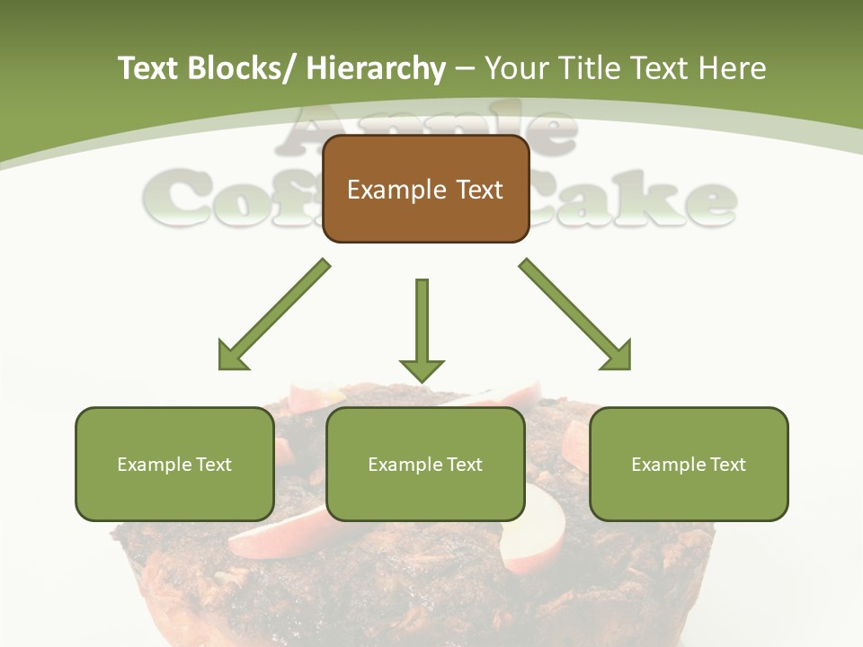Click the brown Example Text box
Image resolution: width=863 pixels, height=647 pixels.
pyautogui.click(x=425, y=189)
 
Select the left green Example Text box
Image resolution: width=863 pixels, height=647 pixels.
pyautogui.click(x=174, y=464)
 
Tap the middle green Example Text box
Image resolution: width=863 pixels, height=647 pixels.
pyautogui.click(x=425, y=464)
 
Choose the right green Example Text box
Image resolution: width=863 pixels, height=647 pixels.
pyautogui.click(x=689, y=464)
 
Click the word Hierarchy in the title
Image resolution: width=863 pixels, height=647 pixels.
pyautogui.click(x=376, y=69)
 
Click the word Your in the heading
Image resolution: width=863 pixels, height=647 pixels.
pyautogui.click(x=518, y=69)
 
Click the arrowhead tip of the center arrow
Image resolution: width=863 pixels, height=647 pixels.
pyautogui.click(x=422, y=379)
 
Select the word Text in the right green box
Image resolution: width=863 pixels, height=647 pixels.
pyautogui.click(x=728, y=464)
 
